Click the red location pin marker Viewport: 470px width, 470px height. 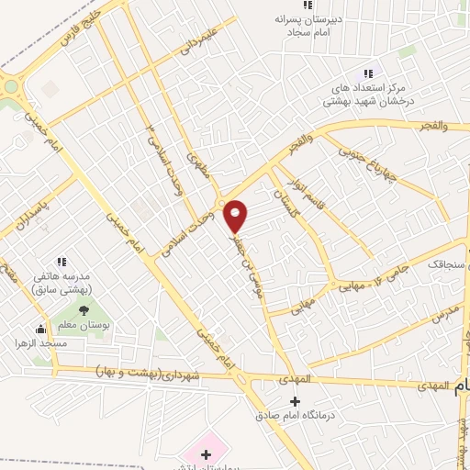pos(236,215)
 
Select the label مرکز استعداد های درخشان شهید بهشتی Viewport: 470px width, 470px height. pos(366,95)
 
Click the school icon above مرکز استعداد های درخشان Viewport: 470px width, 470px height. pos(368,73)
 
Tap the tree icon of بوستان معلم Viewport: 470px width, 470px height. pos(84,310)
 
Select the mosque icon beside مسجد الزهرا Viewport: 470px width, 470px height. pos(39,329)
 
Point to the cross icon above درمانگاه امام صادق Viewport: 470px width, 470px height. pos(295,402)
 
